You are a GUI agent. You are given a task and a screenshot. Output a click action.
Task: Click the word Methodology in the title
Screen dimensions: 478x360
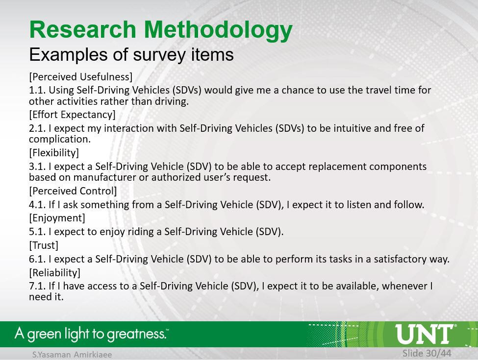click(x=218, y=30)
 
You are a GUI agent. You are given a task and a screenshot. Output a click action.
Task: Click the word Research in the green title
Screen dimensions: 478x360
click(x=83, y=29)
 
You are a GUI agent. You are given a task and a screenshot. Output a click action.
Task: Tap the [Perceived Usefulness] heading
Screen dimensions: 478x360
click(x=81, y=77)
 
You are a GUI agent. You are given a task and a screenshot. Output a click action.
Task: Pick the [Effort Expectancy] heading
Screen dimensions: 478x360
click(x=72, y=115)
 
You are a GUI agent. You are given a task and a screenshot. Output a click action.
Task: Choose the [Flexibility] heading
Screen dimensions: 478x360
click(x=54, y=153)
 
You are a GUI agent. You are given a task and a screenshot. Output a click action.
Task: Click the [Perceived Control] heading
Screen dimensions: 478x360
click(x=73, y=191)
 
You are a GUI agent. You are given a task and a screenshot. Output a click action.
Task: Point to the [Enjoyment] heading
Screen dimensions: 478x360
click(x=57, y=218)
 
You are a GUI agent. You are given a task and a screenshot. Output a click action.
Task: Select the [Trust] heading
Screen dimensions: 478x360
click(x=44, y=245)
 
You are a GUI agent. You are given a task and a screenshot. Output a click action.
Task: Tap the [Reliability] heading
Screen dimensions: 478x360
click(x=54, y=273)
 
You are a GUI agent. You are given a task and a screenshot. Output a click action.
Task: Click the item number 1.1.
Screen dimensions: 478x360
click(x=37, y=90)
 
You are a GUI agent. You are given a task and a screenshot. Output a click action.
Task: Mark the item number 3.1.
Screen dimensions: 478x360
click(x=37, y=167)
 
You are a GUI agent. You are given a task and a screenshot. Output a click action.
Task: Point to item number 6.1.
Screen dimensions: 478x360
click(x=37, y=259)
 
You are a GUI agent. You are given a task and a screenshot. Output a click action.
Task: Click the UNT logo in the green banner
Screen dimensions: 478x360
click(x=425, y=334)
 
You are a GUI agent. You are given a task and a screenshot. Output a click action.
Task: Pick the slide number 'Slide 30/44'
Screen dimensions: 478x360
click(x=427, y=353)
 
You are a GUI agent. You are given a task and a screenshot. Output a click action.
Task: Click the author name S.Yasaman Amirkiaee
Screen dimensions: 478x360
click(x=72, y=355)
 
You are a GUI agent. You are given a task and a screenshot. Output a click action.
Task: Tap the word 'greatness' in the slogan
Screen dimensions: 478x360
click(x=137, y=334)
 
